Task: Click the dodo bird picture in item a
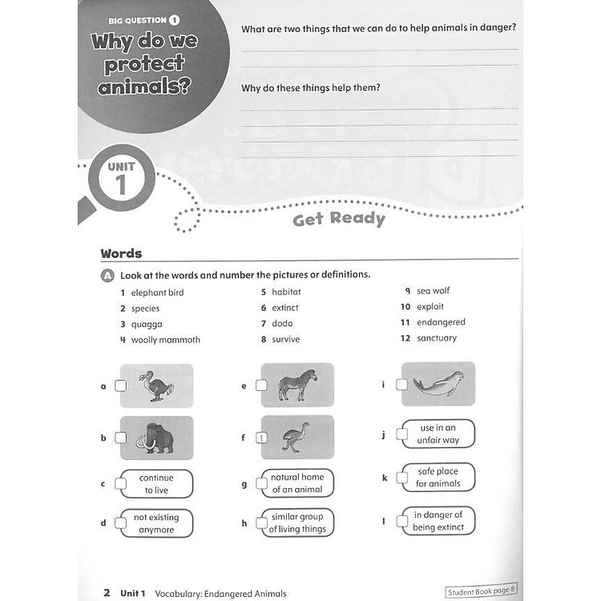pyautogui.click(x=156, y=385)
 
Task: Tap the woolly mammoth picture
pyautogui.click(x=156, y=438)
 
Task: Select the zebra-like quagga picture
pyautogui.click(x=297, y=385)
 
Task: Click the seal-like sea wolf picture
pyautogui.click(x=438, y=384)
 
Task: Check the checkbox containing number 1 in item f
pyautogui.click(x=261, y=438)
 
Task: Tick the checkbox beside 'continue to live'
pyautogui.click(x=120, y=483)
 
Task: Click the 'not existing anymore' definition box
pyautogui.click(x=155, y=523)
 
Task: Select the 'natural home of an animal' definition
pyautogui.click(x=296, y=483)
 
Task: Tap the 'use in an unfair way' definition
pyautogui.click(x=438, y=434)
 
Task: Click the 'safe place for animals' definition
pyautogui.click(x=438, y=478)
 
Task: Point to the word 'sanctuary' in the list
pyautogui.click(x=436, y=338)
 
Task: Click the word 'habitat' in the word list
pyautogui.click(x=286, y=292)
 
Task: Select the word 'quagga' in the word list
pyautogui.click(x=147, y=324)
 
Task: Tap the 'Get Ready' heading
pyautogui.click(x=338, y=219)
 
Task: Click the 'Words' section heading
pyautogui.click(x=121, y=253)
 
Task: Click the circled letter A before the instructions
pyautogui.click(x=107, y=275)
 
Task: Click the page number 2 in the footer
pyautogui.click(x=106, y=593)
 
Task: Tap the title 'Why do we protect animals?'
pyautogui.click(x=145, y=63)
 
